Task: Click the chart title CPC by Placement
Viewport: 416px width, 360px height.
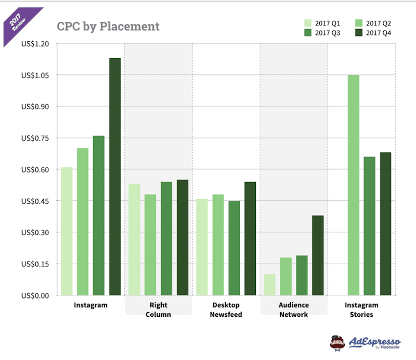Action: [108, 26]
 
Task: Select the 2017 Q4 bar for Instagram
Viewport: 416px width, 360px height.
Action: [115, 177]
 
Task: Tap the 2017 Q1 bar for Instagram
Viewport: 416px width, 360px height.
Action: [67, 232]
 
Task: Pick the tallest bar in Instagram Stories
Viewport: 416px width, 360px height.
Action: [353, 185]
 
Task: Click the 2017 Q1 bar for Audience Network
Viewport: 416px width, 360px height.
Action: [269, 285]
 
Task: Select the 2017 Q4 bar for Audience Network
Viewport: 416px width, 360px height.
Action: [318, 255]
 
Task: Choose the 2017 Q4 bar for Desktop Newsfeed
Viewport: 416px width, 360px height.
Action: [250, 239]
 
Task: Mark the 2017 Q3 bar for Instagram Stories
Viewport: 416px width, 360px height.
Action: [369, 226]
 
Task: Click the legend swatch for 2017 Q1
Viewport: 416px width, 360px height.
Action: [308, 23]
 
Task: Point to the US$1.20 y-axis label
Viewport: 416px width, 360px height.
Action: [35, 44]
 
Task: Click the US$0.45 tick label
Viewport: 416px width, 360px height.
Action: [35, 201]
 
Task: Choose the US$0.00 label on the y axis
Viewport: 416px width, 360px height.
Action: [35, 295]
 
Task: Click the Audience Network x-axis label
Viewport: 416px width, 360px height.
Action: [294, 310]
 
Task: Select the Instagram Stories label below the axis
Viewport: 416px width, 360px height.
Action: [361, 310]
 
